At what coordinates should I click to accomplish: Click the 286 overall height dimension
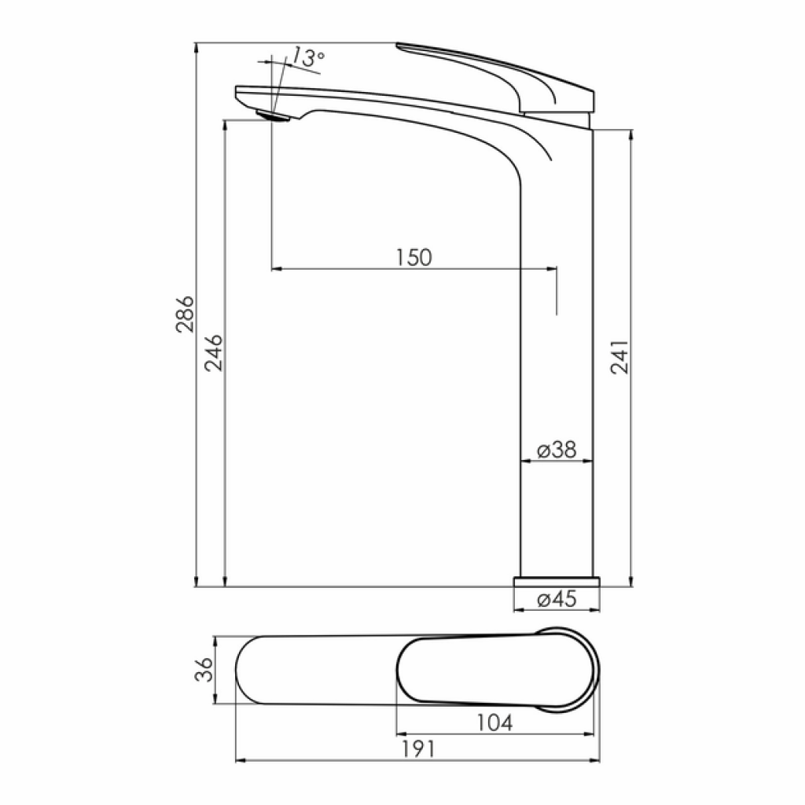click(185, 314)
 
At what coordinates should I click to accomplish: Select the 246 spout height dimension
click(214, 353)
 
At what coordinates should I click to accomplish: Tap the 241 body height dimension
click(619, 356)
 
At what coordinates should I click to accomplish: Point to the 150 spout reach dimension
click(414, 257)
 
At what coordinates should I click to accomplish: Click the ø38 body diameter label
click(557, 450)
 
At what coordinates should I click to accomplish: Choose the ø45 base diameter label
click(557, 599)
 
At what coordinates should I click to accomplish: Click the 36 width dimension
click(204, 670)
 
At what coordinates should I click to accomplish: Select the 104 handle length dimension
click(495, 723)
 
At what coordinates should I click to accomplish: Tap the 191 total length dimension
click(418, 749)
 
